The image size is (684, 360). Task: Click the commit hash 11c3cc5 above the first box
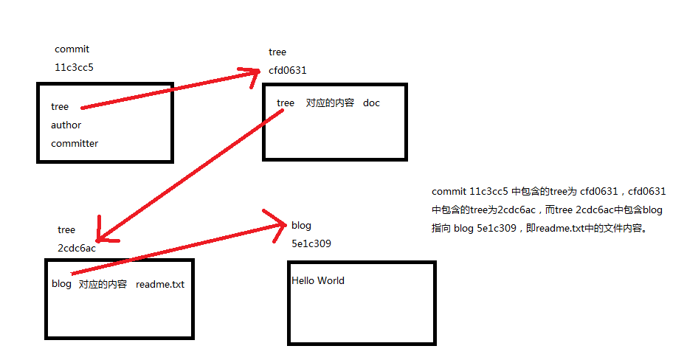(x=74, y=67)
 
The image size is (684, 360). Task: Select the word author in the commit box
(x=66, y=125)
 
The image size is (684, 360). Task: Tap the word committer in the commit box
(x=74, y=143)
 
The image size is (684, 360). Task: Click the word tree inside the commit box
(x=59, y=106)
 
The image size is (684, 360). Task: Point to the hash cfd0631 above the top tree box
(x=287, y=70)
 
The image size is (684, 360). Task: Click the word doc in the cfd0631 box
(x=371, y=103)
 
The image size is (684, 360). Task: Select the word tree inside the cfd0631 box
(x=285, y=103)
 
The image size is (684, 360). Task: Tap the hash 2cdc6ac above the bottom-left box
(x=76, y=247)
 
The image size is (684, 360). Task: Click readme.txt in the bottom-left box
(x=159, y=284)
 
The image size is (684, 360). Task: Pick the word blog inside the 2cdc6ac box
(x=61, y=284)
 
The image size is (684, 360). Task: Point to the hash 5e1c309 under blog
(x=311, y=243)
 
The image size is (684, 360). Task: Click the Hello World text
(x=317, y=280)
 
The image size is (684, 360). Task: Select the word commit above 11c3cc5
(x=72, y=49)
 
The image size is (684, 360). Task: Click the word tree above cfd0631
(x=277, y=52)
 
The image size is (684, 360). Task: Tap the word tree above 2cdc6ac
(x=66, y=229)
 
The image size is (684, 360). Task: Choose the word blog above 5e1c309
(x=301, y=225)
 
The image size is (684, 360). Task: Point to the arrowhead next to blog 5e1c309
(x=280, y=221)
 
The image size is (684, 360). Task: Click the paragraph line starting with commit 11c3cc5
(x=548, y=191)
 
